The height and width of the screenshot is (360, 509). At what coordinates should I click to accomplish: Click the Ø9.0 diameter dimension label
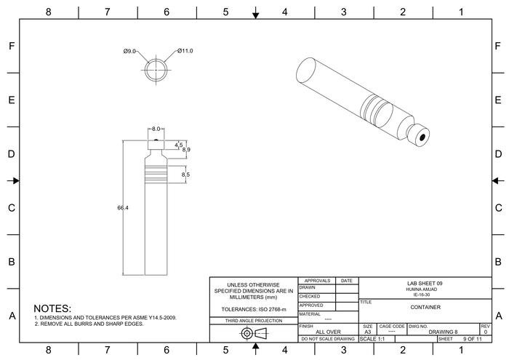point(130,51)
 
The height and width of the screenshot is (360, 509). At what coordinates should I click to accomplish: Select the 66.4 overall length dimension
point(123,208)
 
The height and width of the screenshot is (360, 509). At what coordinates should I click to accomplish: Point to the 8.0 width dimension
point(156,129)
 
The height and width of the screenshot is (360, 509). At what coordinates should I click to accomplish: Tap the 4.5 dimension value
point(178,145)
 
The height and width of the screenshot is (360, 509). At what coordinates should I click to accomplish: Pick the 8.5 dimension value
point(185,175)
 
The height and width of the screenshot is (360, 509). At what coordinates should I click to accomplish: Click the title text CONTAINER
point(425,307)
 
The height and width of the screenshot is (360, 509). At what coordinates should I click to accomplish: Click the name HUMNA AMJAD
point(425,289)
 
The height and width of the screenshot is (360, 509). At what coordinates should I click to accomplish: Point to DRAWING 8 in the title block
point(443,332)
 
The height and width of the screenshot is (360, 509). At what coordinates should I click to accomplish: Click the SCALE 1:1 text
point(372,339)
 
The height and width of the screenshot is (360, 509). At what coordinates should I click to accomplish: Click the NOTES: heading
point(52,309)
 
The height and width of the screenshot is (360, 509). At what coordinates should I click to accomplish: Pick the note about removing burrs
point(89,324)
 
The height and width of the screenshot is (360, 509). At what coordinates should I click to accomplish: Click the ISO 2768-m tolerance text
point(254,310)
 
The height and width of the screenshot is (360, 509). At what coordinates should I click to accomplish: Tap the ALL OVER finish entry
point(327,332)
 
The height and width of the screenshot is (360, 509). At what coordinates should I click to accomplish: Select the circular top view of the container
point(155,71)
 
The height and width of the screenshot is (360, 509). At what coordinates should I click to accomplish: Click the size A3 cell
point(368,332)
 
